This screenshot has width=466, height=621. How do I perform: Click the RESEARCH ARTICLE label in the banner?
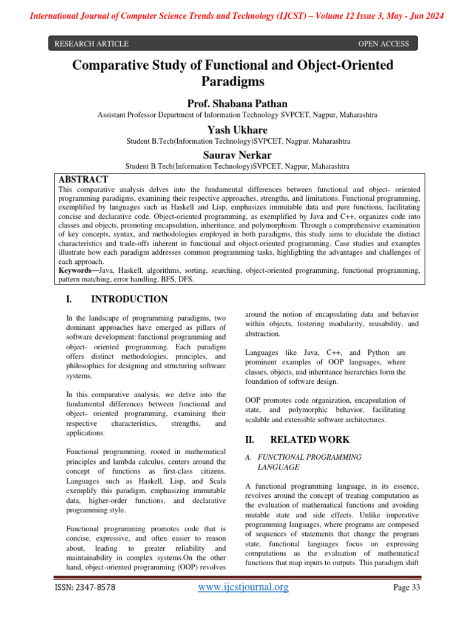click(x=92, y=44)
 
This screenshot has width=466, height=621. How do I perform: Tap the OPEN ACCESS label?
click(x=383, y=44)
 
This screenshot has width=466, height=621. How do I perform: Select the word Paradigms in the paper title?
click(x=233, y=81)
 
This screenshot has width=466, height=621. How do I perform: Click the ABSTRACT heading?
click(x=83, y=179)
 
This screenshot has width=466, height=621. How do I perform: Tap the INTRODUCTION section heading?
click(x=129, y=299)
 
